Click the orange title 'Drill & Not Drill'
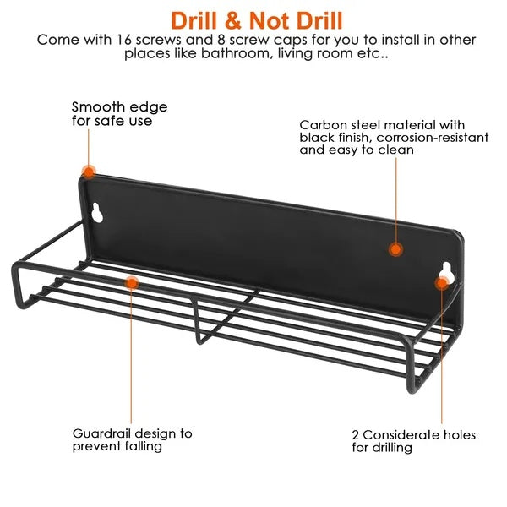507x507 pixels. tap(256, 21)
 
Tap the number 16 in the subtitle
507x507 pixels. tap(123, 40)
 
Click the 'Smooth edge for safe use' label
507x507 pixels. tap(119, 114)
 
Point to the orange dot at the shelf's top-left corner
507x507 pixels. tap(88, 172)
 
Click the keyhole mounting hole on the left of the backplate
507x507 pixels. tap(96, 213)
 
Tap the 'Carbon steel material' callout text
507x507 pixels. tap(394, 138)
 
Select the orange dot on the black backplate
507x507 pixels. tap(395, 249)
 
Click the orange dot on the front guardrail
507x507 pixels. tap(132, 283)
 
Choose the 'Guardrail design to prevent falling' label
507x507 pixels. tap(133, 439)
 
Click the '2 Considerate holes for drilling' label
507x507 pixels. tap(413, 441)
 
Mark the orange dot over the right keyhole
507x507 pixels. tap(442, 283)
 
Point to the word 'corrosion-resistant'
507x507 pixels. tap(433, 138)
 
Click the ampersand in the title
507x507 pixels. tap(233, 21)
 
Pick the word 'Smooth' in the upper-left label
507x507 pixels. tap(94, 107)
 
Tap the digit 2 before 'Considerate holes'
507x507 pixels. tap(356, 435)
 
